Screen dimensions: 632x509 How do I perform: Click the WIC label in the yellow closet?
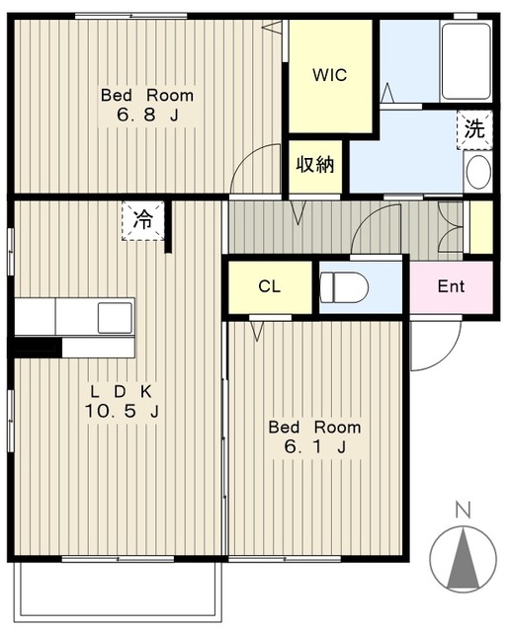(x=330, y=76)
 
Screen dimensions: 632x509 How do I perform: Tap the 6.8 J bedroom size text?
(x=146, y=116)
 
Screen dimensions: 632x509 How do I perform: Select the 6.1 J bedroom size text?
(x=314, y=447)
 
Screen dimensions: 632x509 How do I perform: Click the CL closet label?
(x=269, y=287)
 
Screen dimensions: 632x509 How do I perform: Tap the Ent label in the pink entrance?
(x=451, y=287)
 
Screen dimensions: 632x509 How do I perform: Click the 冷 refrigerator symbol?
(x=143, y=219)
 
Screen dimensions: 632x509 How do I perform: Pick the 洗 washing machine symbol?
(x=474, y=129)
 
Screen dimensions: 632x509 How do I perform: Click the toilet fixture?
(x=344, y=287)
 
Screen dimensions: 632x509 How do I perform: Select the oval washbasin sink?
(x=478, y=172)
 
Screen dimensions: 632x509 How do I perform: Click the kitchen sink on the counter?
(x=114, y=317)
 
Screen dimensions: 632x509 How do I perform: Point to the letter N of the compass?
(x=461, y=511)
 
